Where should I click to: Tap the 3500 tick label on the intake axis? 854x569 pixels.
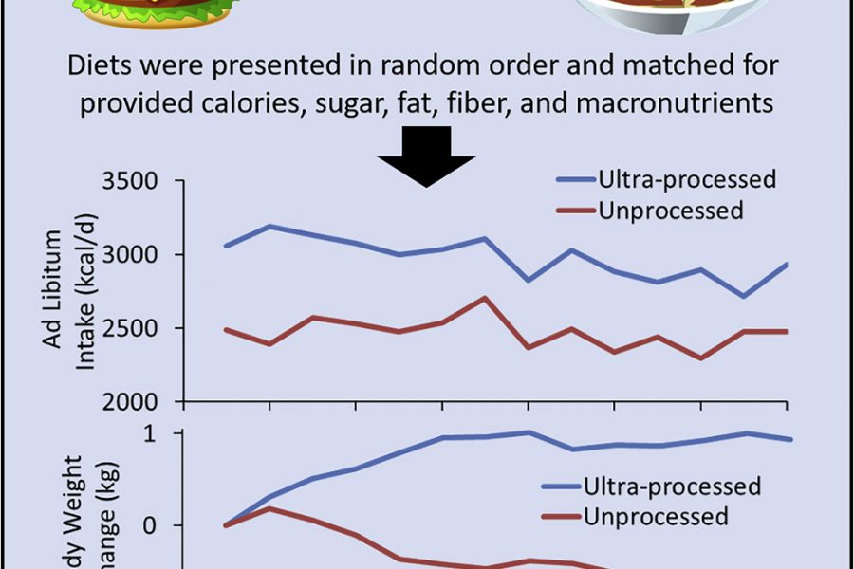pyautogui.click(x=139, y=180)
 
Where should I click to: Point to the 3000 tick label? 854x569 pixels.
pyautogui.click(x=139, y=254)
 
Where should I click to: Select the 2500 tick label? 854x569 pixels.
pyautogui.click(x=139, y=328)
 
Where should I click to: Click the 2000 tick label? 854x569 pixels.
pyautogui.click(x=139, y=401)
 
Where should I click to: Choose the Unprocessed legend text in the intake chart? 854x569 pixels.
pyautogui.click(x=671, y=210)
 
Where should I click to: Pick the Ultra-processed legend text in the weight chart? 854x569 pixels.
pyautogui.click(x=672, y=486)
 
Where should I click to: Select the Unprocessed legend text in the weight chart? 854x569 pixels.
pyautogui.click(x=657, y=516)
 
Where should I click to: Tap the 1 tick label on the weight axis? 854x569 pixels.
pyautogui.click(x=176, y=433)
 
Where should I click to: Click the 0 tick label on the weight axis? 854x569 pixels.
pyautogui.click(x=176, y=525)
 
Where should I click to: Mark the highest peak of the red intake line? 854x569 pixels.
pyautogui.click(x=485, y=298)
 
